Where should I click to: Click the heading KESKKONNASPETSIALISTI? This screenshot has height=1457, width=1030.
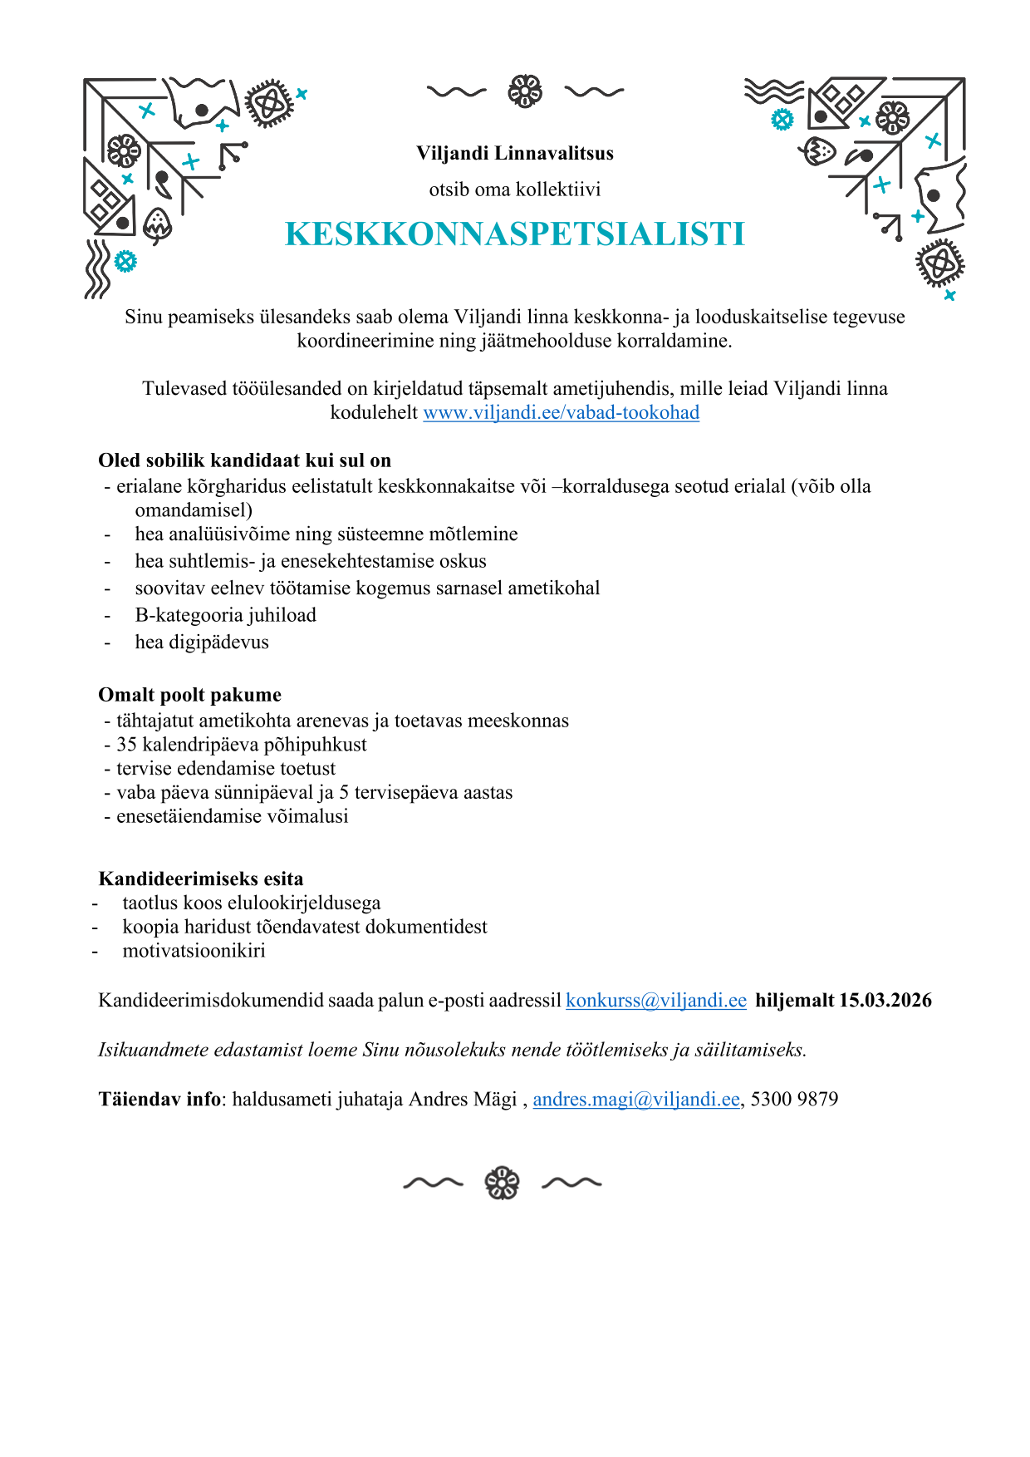(x=515, y=234)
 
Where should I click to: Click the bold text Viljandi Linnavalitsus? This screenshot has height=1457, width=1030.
(x=515, y=154)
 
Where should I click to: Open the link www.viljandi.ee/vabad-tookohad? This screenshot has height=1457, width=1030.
(x=561, y=413)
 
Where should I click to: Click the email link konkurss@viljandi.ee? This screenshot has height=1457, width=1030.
(x=655, y=1001)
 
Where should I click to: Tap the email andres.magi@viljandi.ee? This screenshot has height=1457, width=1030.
(x=635, y=1100)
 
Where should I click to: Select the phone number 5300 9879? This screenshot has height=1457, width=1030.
(x=794, y=1100)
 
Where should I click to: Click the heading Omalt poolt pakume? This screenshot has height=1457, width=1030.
(x=189, y=695)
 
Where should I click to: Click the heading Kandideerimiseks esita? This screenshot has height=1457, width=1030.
(x=201, y=879)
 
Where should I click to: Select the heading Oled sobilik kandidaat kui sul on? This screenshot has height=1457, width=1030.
(x=244, y=461)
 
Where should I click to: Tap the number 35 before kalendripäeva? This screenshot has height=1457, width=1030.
(x=127, y=745)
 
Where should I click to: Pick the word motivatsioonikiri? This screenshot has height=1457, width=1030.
(x=194, y=951)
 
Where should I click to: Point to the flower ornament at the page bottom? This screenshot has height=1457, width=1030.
(x=502, y=1183)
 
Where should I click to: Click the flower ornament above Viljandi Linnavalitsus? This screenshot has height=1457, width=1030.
(x=525, y=91)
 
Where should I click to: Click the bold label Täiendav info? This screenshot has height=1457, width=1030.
(x=159, y=1100)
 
